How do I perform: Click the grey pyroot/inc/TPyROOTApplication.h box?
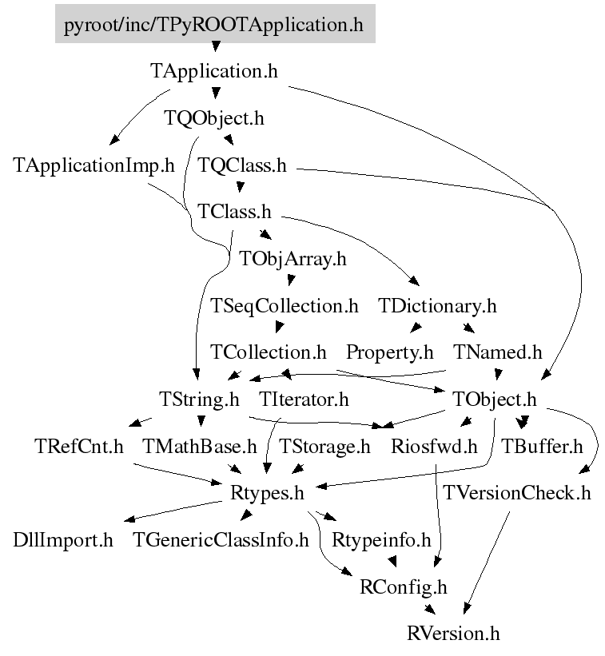(214, 25)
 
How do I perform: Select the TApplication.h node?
(214, 71)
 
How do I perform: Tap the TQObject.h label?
(213, 118)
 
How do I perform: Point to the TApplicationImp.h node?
(94, 166)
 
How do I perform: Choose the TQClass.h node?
(241, 166)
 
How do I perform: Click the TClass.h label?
(234, 213)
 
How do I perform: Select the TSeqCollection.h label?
(284, 305)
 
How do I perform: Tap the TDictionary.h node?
(437, 305)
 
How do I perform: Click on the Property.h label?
(389, 352)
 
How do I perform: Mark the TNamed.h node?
(497, 352)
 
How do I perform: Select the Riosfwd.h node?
(434, 446)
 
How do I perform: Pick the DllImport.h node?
(63, 540)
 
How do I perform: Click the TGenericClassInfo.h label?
(221, 540)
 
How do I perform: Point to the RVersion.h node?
(453, 634)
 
